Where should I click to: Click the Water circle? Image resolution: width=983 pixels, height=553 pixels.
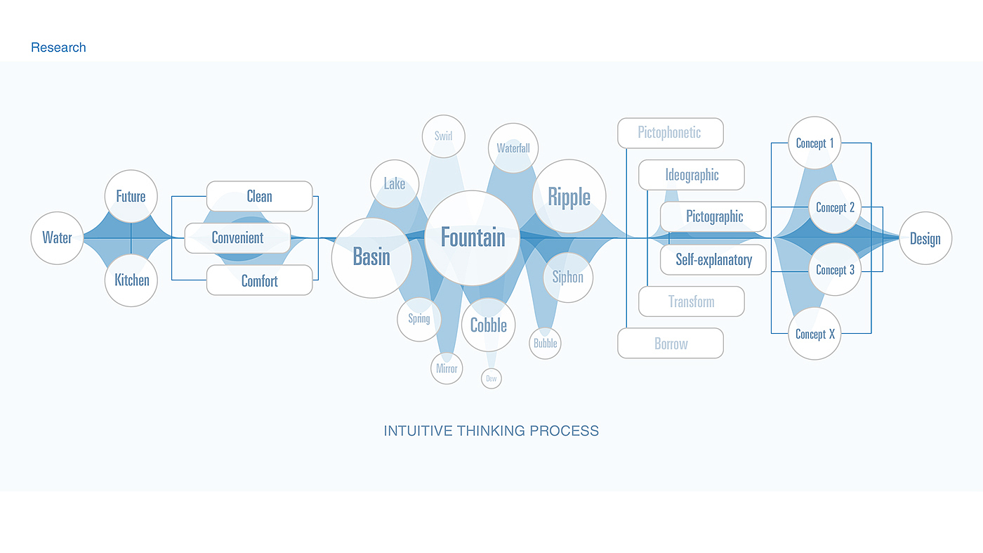coord(57,238)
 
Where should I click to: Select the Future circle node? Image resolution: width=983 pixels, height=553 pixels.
coord(131,197)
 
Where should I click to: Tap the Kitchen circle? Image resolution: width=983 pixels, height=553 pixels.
coord(131,280)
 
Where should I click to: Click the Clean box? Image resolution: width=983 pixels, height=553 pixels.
coord(259,196)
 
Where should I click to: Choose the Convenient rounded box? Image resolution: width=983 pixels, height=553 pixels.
coord(237,238)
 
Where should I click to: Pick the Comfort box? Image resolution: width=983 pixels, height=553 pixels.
coord(259,280)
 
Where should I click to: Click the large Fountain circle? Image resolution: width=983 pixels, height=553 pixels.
coord(473,238)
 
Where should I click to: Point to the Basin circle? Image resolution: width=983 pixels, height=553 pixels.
coord(371,257)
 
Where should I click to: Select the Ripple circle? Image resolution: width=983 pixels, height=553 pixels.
coord(569,197)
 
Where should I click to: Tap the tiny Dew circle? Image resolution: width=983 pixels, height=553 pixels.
coord(491,379)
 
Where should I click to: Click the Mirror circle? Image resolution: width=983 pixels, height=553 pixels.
coord(447,368)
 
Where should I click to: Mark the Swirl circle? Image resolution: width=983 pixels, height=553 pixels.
coord(443,136)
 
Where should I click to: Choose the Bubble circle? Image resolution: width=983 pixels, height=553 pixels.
coord(545,344)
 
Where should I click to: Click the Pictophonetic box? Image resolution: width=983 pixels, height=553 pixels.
coord(670,133)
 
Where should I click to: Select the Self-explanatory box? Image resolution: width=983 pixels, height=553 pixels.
coord(713,259)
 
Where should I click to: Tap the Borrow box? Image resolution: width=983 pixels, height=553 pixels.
coord(670,344)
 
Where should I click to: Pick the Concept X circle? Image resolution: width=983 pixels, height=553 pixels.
coord(814,334)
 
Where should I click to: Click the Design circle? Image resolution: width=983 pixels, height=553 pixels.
coord(925,239)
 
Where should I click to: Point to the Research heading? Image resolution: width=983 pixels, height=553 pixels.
coord(58,48)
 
